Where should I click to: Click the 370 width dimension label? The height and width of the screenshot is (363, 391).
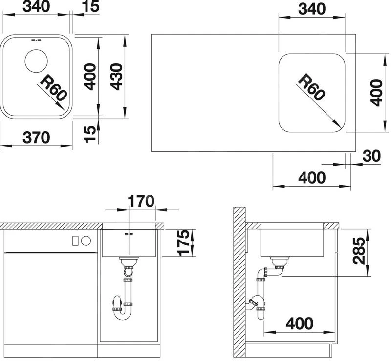[x=36, y=137]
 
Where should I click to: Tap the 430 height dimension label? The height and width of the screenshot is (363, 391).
[x=117, y=76]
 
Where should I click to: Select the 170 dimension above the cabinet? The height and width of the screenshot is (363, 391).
[x=141, y=201]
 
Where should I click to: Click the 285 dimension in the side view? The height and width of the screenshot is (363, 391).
[x=359, y=251]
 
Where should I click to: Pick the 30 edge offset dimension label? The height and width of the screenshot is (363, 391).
[x=371, y=156]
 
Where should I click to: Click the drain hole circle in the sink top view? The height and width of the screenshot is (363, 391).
[x=36, y=61]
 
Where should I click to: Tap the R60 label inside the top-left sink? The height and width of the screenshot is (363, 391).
[x=54, y=88]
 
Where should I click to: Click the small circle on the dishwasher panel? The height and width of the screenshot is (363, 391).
[x=86, y=241]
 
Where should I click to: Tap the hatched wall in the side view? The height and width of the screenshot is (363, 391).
[x=239, y=282]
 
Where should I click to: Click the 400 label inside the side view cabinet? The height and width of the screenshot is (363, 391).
[x=300, y=324]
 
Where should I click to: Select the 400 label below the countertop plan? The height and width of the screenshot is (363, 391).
[x=312, y=177]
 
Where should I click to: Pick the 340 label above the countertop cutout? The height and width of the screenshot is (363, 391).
[x=312, y=9]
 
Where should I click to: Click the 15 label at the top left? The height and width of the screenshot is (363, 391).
[x=90, y=6]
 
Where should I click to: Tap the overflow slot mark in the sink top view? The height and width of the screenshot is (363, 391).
[x=36, y=40]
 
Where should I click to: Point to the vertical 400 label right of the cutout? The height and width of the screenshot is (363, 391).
[x=376, y=93]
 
